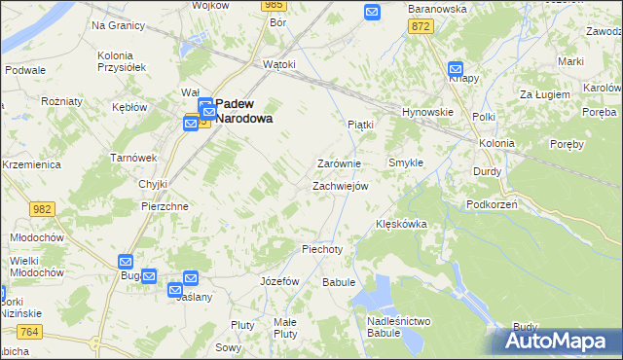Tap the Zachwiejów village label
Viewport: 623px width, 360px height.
pos(340,186)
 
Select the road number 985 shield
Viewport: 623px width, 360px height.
pos(273,6)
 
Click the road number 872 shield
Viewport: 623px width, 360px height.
pos(421,27)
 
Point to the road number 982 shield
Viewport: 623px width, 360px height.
pos(41,209)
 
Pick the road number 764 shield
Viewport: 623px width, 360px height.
pos(29,333)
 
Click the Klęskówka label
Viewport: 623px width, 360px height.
pos(402,225)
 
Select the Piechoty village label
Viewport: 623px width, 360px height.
pos(322,249)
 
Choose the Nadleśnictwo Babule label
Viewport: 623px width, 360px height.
pos(399,327)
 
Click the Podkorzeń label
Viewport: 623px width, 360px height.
pos(492,204)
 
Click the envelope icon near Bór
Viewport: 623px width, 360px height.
pos(372,12)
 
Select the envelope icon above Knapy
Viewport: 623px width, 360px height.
pos(456,69)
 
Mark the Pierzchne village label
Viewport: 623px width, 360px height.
pos(165,206)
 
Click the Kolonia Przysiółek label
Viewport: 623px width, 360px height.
pos(122,61)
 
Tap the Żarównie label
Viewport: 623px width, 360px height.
pos(340,163)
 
